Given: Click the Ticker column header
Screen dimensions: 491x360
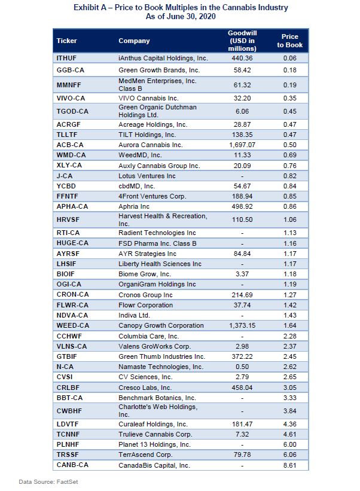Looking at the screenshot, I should click(x=66, y=41).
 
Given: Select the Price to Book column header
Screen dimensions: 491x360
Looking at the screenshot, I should click(x=293, y=41).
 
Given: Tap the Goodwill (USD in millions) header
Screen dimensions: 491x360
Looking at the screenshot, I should click(x=242, y=41).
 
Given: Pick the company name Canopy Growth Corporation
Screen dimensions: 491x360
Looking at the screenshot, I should click(x=161, y=325).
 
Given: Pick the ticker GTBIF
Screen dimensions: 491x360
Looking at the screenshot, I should click(x=67, y=356).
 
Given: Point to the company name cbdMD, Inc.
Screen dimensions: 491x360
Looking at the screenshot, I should click(x=138, y=185).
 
